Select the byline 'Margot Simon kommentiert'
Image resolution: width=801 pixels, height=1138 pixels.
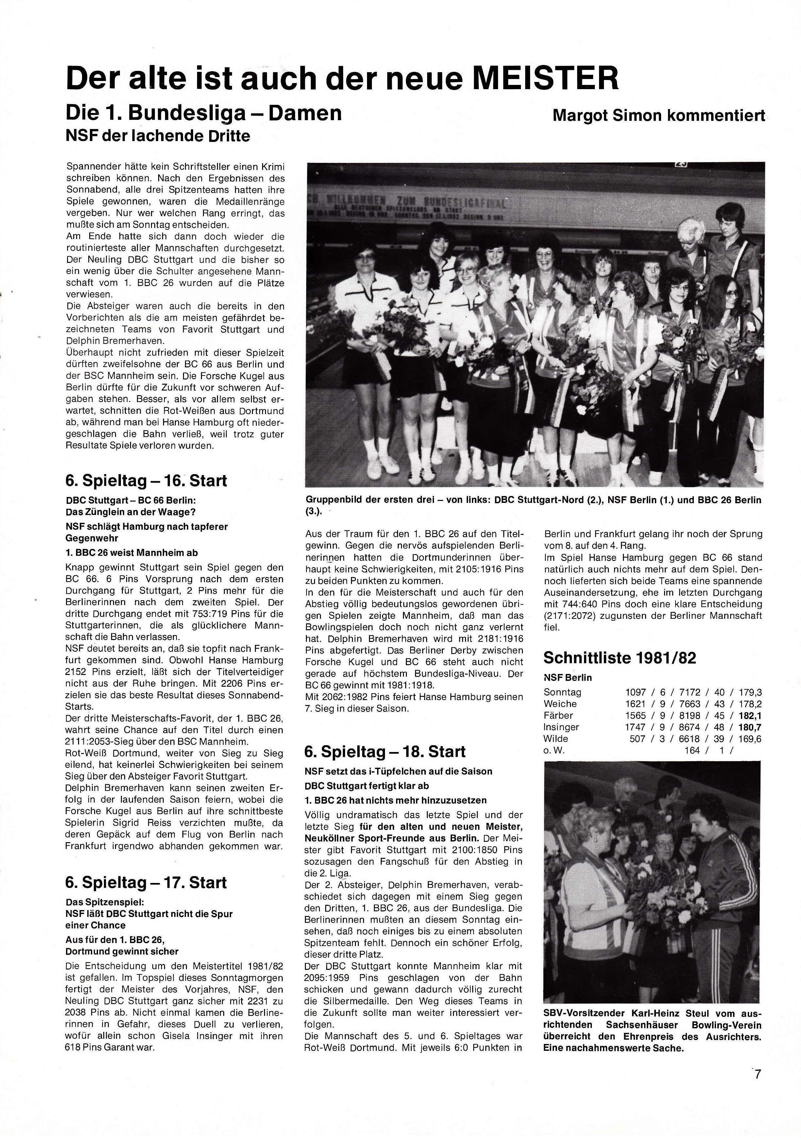click(x=659, y=116)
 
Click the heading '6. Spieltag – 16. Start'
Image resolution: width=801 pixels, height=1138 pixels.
click(x=146, y=480)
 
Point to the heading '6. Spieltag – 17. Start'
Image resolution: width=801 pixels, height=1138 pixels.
click(x=146, y=883)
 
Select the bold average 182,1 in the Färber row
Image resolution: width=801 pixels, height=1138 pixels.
click(x=750, y=715)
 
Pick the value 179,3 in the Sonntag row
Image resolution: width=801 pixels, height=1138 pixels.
click(x=750, y=692)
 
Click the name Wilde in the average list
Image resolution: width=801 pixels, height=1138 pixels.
click(x=556, y=739)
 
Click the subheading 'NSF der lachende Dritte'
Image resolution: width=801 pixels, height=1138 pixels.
click(x=158, y=136)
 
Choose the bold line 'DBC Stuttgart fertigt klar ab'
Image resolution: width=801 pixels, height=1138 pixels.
click(x=367, y=786)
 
